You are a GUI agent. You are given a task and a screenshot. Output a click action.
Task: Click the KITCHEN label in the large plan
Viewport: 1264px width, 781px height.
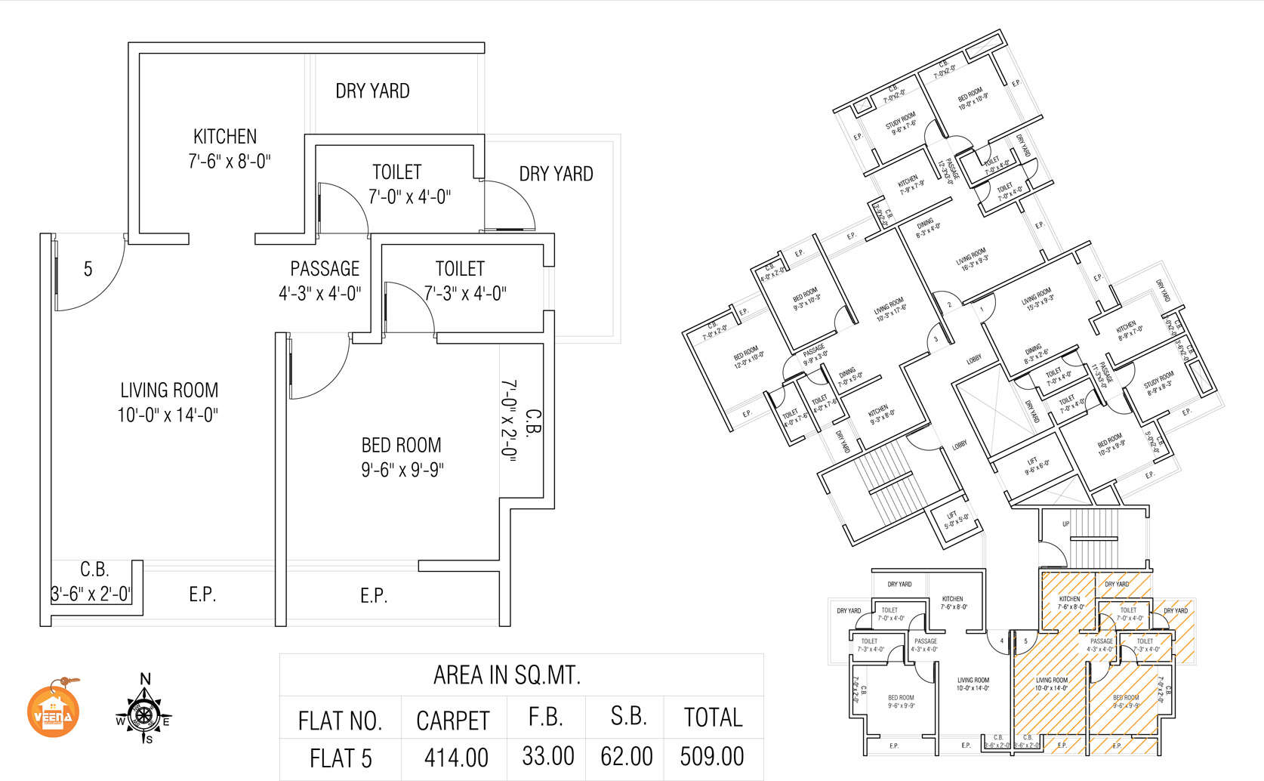coord(225,137)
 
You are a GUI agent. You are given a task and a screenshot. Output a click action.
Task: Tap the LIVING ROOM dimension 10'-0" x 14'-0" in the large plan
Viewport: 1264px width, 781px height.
coord(168,415)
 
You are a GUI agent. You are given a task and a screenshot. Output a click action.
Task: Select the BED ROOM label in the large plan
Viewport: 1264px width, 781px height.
coord(401,446)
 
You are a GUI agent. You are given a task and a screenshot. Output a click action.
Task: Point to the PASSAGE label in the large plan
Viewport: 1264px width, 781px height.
coord(325,269)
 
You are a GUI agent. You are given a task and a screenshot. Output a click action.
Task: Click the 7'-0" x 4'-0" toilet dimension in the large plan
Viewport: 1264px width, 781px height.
coord(409,197)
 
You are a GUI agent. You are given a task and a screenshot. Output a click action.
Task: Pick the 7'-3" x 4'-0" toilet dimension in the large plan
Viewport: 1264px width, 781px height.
coord(464,293)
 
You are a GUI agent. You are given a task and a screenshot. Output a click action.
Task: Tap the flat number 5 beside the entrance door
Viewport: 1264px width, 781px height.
coord(88,270)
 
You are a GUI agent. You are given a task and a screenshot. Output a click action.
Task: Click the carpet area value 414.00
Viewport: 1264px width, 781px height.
coord(456,757)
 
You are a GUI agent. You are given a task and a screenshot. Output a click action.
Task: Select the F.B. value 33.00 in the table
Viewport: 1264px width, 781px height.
coord(548,756)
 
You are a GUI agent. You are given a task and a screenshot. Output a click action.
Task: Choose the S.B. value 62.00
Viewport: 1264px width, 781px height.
coord(627,756)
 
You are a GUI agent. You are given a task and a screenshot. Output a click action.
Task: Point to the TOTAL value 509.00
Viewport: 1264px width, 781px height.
coord(712,756)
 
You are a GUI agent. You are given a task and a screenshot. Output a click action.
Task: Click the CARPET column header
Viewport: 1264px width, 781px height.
coord(453,721)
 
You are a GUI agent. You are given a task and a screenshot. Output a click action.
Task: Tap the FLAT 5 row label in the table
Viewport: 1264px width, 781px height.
coord(341,758)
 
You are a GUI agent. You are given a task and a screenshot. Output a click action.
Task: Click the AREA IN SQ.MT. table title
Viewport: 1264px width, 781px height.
coord(507,674)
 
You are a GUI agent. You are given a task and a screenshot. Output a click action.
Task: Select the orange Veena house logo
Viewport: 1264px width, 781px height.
coord(53,711)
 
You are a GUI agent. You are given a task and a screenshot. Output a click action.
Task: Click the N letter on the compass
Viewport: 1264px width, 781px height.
coord(146,679)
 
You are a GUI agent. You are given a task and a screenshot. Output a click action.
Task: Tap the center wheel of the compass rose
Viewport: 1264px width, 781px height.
coord(143,715)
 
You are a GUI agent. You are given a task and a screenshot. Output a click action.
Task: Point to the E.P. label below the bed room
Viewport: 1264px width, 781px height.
coord(374,596)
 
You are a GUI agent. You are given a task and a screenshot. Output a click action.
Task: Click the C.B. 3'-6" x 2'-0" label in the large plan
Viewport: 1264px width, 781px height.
coord(93,582)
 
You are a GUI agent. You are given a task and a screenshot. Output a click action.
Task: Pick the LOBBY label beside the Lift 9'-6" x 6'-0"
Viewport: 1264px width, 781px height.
coord(959,446)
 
